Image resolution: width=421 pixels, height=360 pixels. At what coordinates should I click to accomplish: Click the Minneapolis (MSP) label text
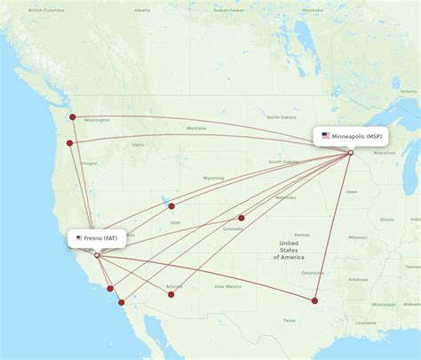pos(358,136)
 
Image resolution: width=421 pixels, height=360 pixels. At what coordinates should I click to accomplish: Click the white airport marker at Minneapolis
pos(351,153)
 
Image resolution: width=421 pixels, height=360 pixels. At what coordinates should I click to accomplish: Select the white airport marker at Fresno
pos(97,255)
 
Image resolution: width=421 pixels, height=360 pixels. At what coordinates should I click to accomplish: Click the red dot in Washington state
pos(73,116)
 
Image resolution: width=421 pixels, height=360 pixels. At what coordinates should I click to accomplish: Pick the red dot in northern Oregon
pos(69,143)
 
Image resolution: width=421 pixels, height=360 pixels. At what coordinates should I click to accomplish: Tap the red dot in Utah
pos(171,206)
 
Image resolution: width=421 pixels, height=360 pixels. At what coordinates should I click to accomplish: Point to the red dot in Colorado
pos(241,218)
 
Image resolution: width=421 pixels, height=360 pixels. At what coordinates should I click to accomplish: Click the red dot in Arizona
pos(171,293)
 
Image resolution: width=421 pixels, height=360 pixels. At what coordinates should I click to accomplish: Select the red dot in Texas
pos(314,300)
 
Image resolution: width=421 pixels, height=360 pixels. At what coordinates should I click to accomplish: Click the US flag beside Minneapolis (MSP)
pos(326,136)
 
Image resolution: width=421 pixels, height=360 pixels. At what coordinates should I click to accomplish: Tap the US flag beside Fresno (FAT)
pos(80,238)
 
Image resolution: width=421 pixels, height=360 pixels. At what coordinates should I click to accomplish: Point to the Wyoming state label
pos(213,178)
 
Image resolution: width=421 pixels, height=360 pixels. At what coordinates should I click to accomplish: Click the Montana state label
pos(195,128)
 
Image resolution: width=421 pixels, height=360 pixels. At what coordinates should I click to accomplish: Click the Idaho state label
pos(138,145)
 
